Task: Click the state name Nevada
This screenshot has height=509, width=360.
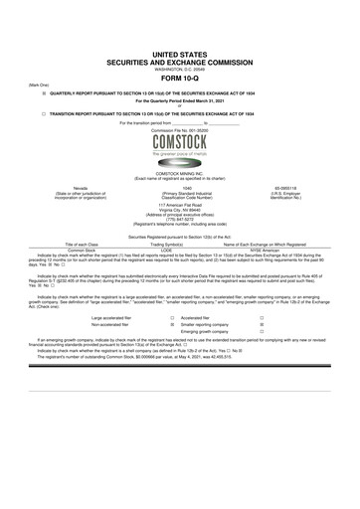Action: click(x=74, y=185)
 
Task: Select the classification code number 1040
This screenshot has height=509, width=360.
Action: click(x=179, y=185)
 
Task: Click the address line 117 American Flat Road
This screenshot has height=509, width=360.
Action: click(x=179, y=206)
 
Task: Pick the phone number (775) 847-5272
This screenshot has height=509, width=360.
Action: click(x=179, y=221)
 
